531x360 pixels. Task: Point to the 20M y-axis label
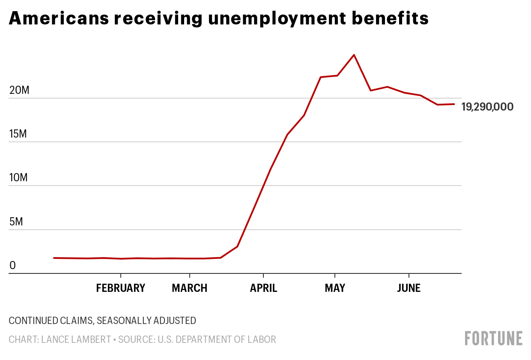pyautogui.click(x=18, y=90)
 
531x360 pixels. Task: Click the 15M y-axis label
pyautogui.click(x=18, y=134)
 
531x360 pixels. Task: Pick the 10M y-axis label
pyautogui.click(x=18, y=177)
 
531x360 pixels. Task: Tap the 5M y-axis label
pyautogui.click(x=15, y=222)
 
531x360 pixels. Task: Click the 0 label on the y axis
pyautogui.click(x=12, y=266)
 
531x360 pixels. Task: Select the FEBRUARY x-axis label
pyautogui.click(x=121, y=288)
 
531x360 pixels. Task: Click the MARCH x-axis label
pyautogui.click(x=190, y=288)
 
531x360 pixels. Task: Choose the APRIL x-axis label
pyautogui.click(x=264, y=288)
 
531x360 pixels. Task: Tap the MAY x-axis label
pyautogui.click(x=335, y=288)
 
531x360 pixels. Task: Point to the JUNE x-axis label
pyautogui.click(x=409, y=288)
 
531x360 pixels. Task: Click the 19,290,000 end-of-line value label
pyautogui.click(x=487, y=107)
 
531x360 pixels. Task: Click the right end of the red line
pyautogui.click(x=454, y=104)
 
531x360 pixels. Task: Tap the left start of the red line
pyautogui.click(x=54, y=258)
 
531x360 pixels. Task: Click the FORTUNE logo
pyautogui.click(x=494, y=338)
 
